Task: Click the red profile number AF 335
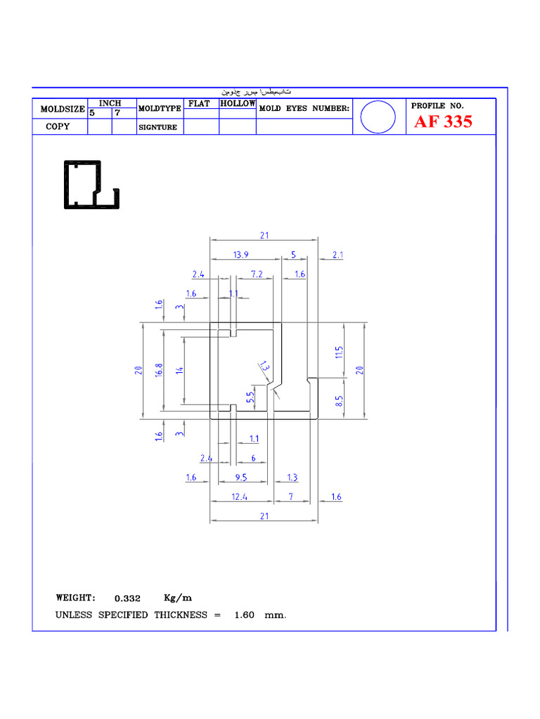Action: tap(443, 122)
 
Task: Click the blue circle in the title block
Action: tap(378, 117)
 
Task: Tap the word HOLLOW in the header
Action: tap(238, 104)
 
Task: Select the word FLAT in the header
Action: tap(200, 104)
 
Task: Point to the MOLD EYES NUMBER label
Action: tap(304, 108)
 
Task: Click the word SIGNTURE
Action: tap(157, 128)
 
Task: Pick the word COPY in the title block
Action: tap(58, 127)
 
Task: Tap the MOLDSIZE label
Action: tap(63, 110)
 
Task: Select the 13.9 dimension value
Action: tap(240, 255)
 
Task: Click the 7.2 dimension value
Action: tap(256, 275)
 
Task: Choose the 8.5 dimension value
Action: tap(340, 402)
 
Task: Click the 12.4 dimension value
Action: tap(240, 497)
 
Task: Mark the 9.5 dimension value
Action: tap(240, 477)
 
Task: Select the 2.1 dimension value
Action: tap(337, 255)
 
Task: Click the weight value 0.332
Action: tap(127, 599)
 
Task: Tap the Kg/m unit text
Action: tap(177, 598)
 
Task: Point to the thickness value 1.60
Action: tap(243, 615)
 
